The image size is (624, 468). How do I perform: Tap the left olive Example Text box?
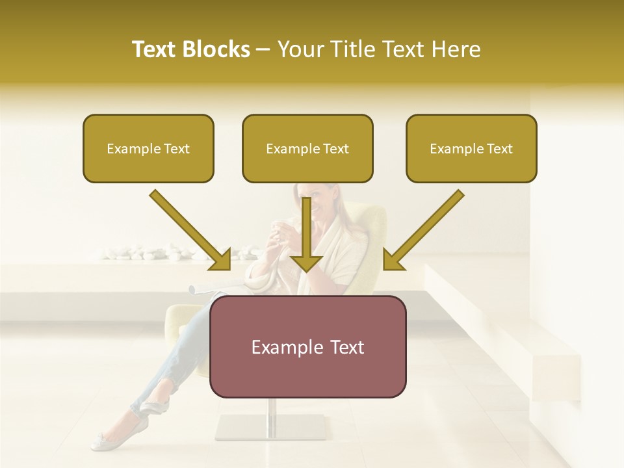point(148,148)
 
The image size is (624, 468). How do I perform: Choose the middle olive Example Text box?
point(307,148)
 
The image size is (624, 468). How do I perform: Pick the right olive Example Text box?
point(471,148)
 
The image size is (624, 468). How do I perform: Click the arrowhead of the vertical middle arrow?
point(306,263)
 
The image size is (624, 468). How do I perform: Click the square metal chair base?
point(270,426)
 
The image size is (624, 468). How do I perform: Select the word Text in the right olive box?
point(499,148)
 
